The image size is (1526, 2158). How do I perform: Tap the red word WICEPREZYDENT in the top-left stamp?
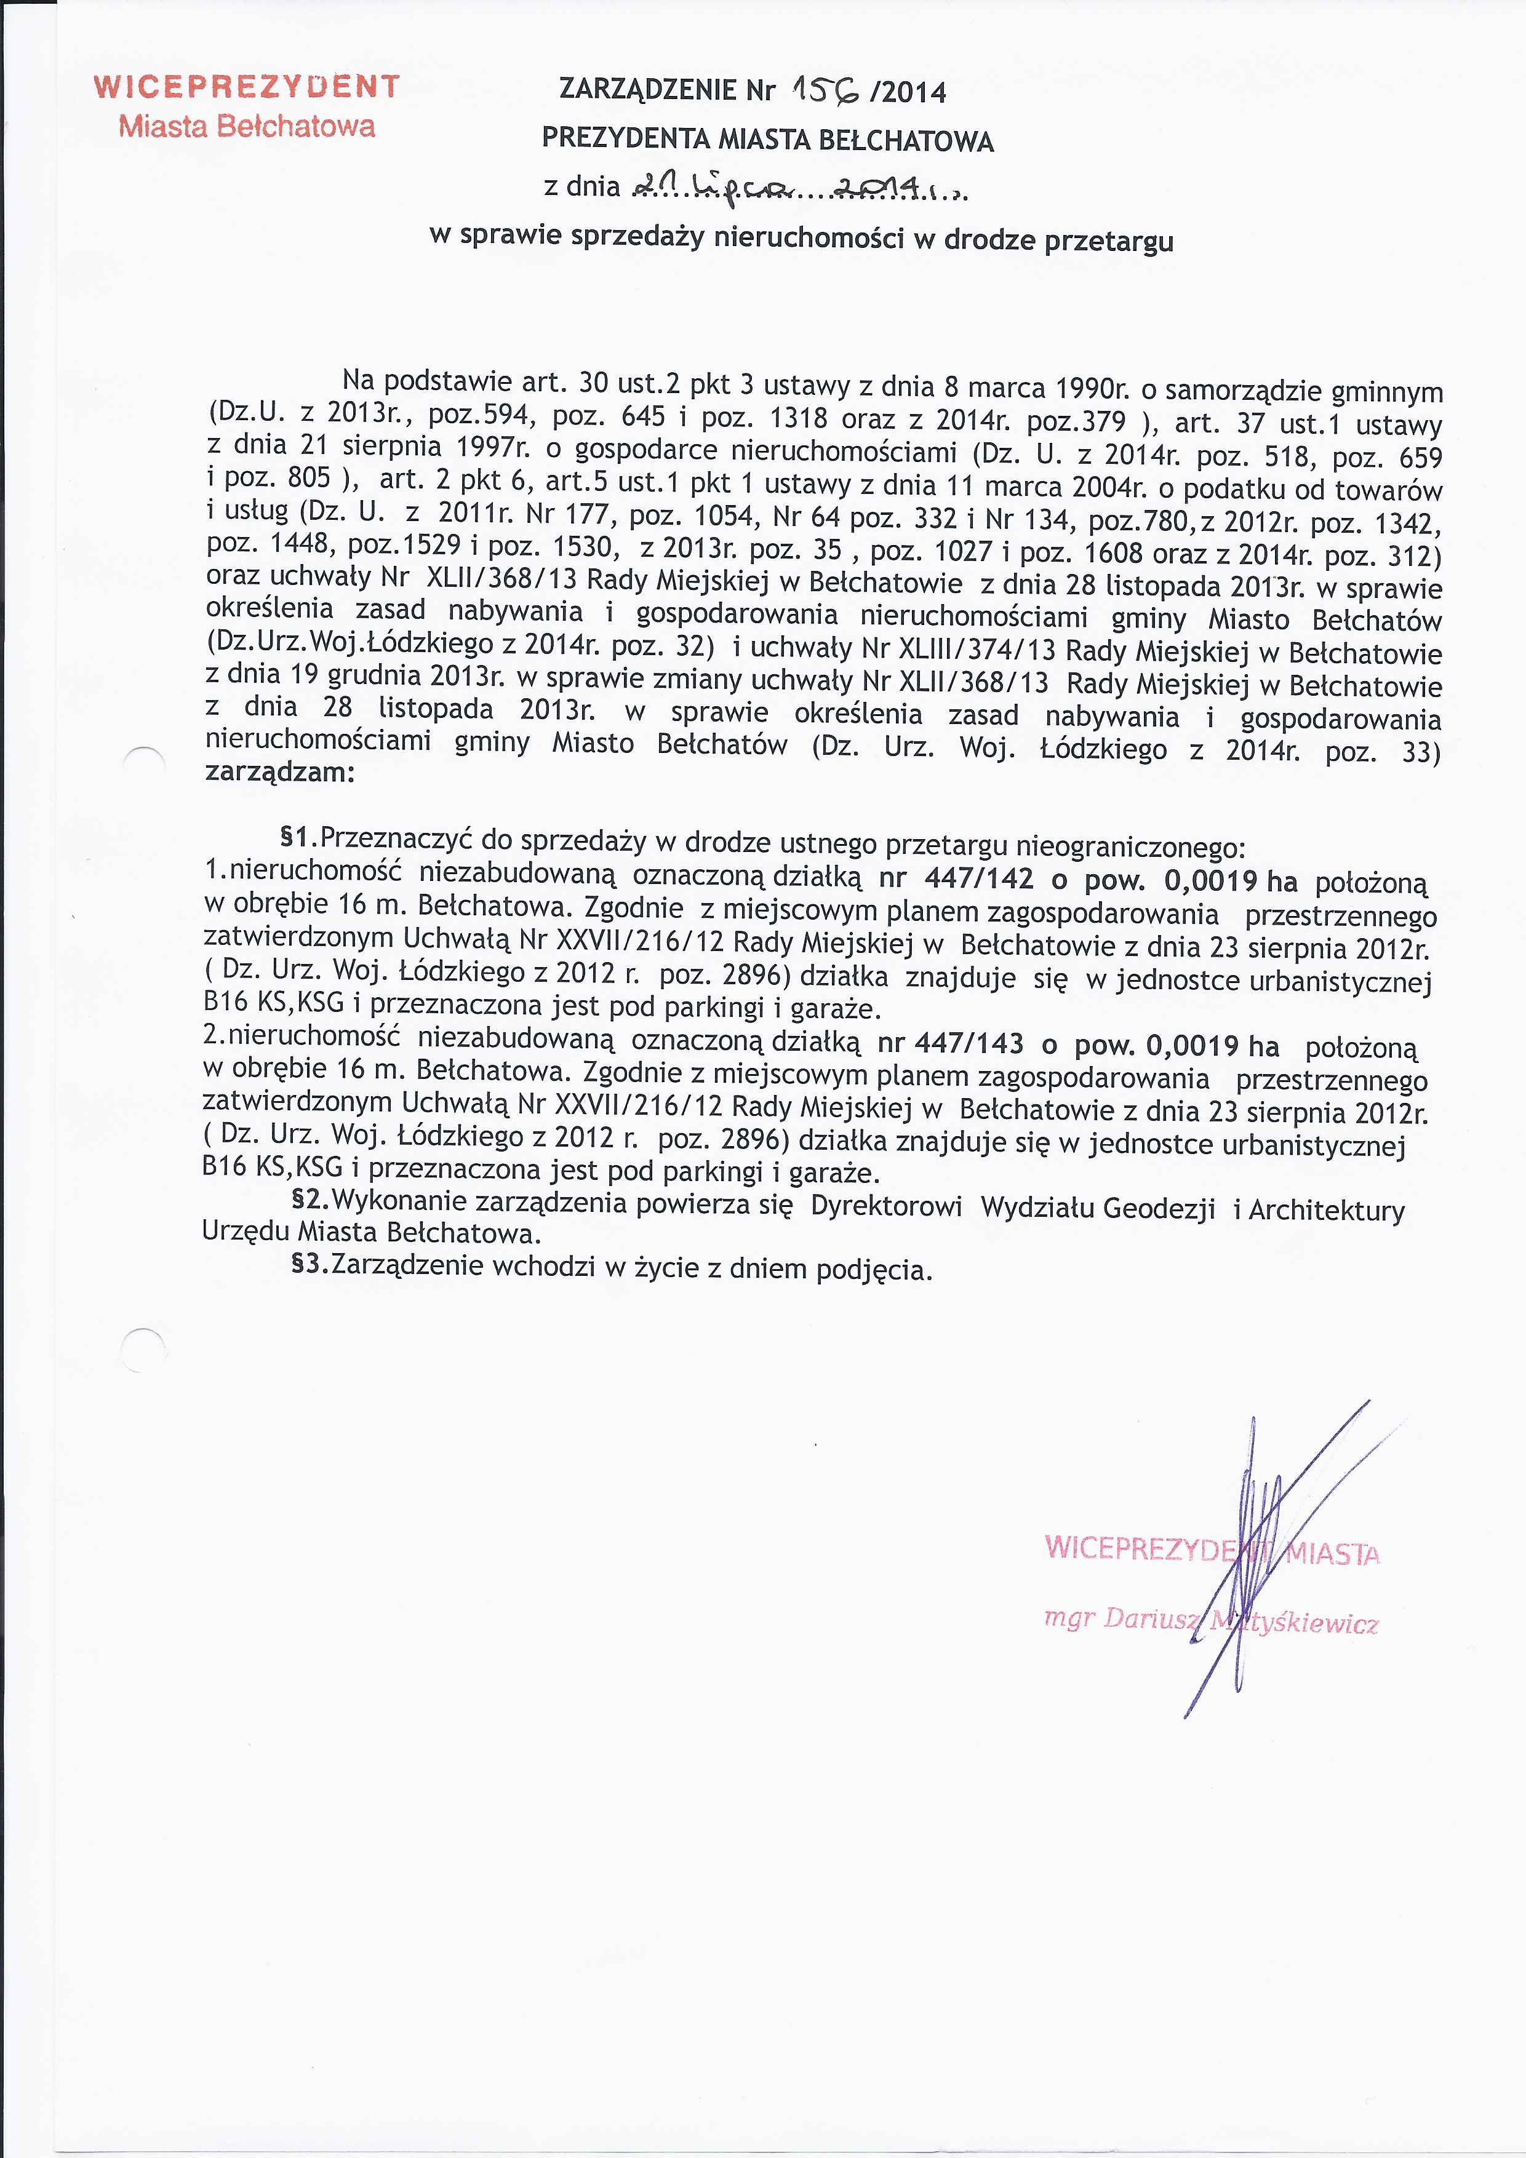point(246,87)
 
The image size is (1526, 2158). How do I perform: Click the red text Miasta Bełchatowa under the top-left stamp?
point(246,126)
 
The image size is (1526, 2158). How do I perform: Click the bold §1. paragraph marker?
point(300,835)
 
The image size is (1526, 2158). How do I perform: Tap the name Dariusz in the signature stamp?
point(1152,1618)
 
